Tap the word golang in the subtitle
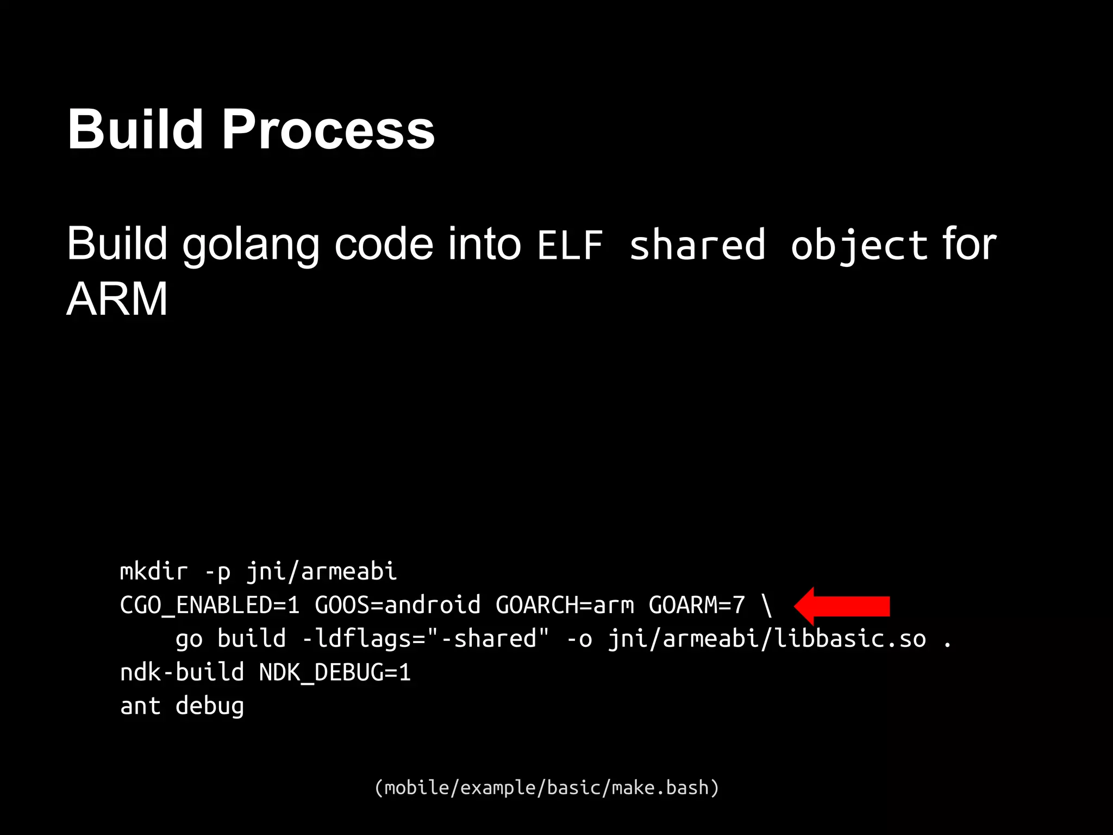pyautogui.click(x=251, y=245)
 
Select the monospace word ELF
pyautogui.click(x=570, y=246)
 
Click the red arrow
pyautogui.click(x=842, y=606)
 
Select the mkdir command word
pyautogui.click(x=154, y=571)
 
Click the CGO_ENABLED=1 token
pyautogui.click(x=209, y=605)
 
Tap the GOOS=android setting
pyautogui.click(x=398, y=605)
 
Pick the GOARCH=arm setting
pyautogui.click(x=565, y=605)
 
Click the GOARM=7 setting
pyautogui.click(x=697, y=605)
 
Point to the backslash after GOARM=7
pyautogui.click(x=766, y=605)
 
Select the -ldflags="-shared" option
pyautogui.click(x=426, y=639)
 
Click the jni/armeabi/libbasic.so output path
pyautogui.click(x=767, y=639)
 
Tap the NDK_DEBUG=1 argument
pyautogui.click(x=335, y=672)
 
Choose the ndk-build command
pyautogui.click(x=182, y=672)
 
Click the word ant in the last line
pyautogui.click(x=140, y=706)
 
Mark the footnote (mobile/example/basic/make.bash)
pyautogui.click(x=547, y=787)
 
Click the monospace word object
pyautogui.click(x=859, y=246)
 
